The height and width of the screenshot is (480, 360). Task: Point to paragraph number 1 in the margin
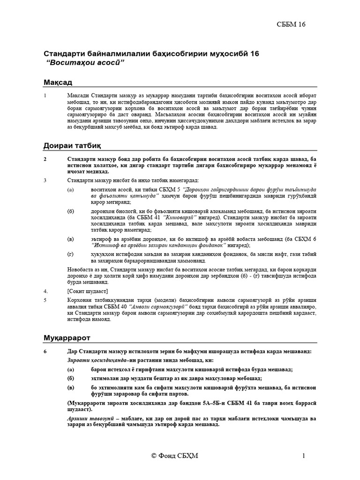pos(45,96)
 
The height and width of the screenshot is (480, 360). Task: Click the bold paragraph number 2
pos(45,159)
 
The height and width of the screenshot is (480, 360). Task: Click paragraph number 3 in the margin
pos(45,180)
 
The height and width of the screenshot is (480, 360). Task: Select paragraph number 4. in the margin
pos(45,291)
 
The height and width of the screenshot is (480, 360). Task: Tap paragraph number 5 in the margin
pos(45,299)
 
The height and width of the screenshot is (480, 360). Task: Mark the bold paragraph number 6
pos(45,352)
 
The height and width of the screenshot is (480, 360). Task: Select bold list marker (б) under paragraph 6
pos(71,378)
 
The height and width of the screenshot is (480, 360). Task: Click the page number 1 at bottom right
pos(304,457)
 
